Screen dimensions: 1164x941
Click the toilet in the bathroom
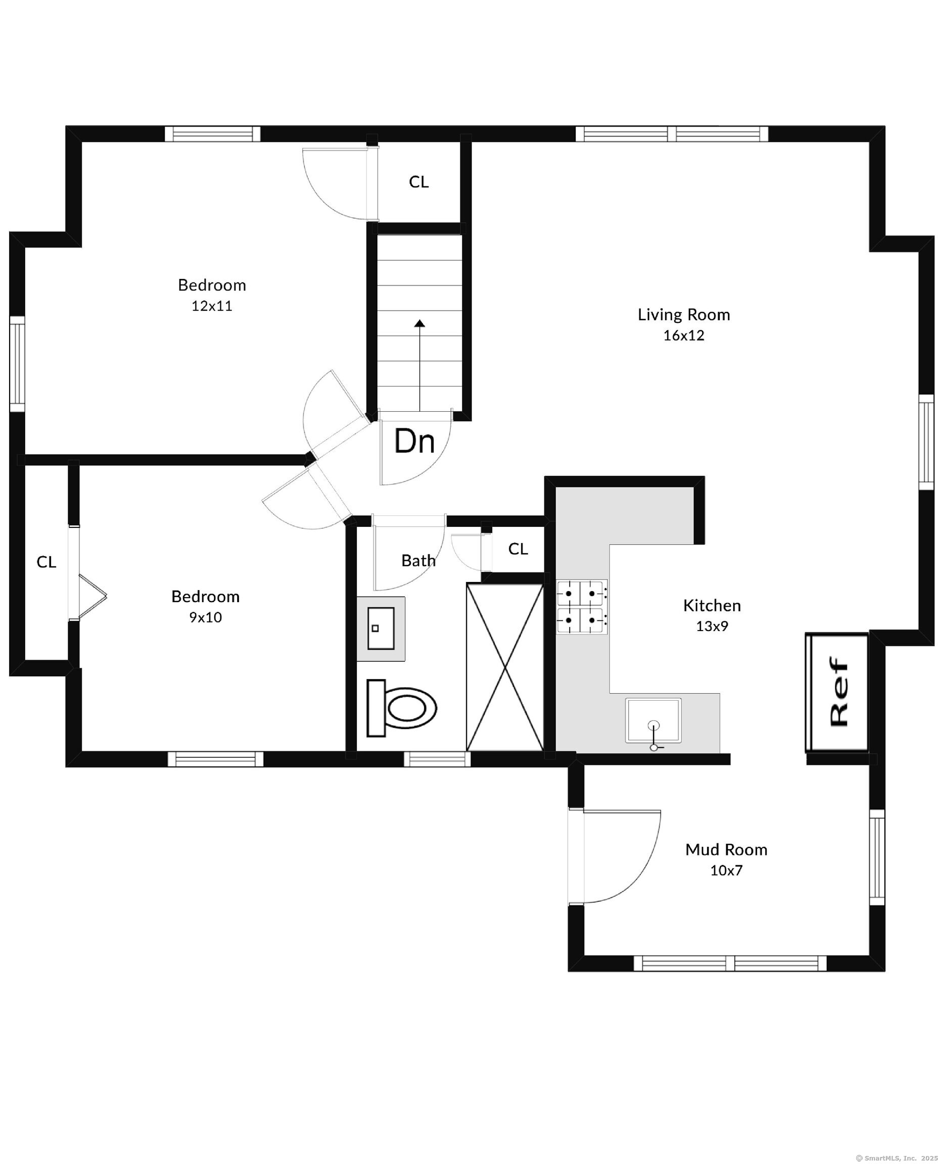click(402, 708)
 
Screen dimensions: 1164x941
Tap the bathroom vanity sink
click(381, 628)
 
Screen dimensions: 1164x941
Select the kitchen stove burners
click(582, 606)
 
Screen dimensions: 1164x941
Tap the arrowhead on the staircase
click(419, 323)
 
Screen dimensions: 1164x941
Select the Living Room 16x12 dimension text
click(684, 335)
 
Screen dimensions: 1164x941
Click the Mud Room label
click(726, 849)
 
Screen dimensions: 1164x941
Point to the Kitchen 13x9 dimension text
click(712, 626)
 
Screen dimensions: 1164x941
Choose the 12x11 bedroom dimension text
click(212, 306)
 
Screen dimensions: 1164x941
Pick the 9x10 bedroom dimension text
click(206, 617)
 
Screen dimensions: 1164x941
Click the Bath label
click(418, 560)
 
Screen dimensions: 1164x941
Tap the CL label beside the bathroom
click(517, 549)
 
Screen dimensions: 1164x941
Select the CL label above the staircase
click(418, 182)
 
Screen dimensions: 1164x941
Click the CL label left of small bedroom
click(46, 562)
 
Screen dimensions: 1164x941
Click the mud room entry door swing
click(618, 856)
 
